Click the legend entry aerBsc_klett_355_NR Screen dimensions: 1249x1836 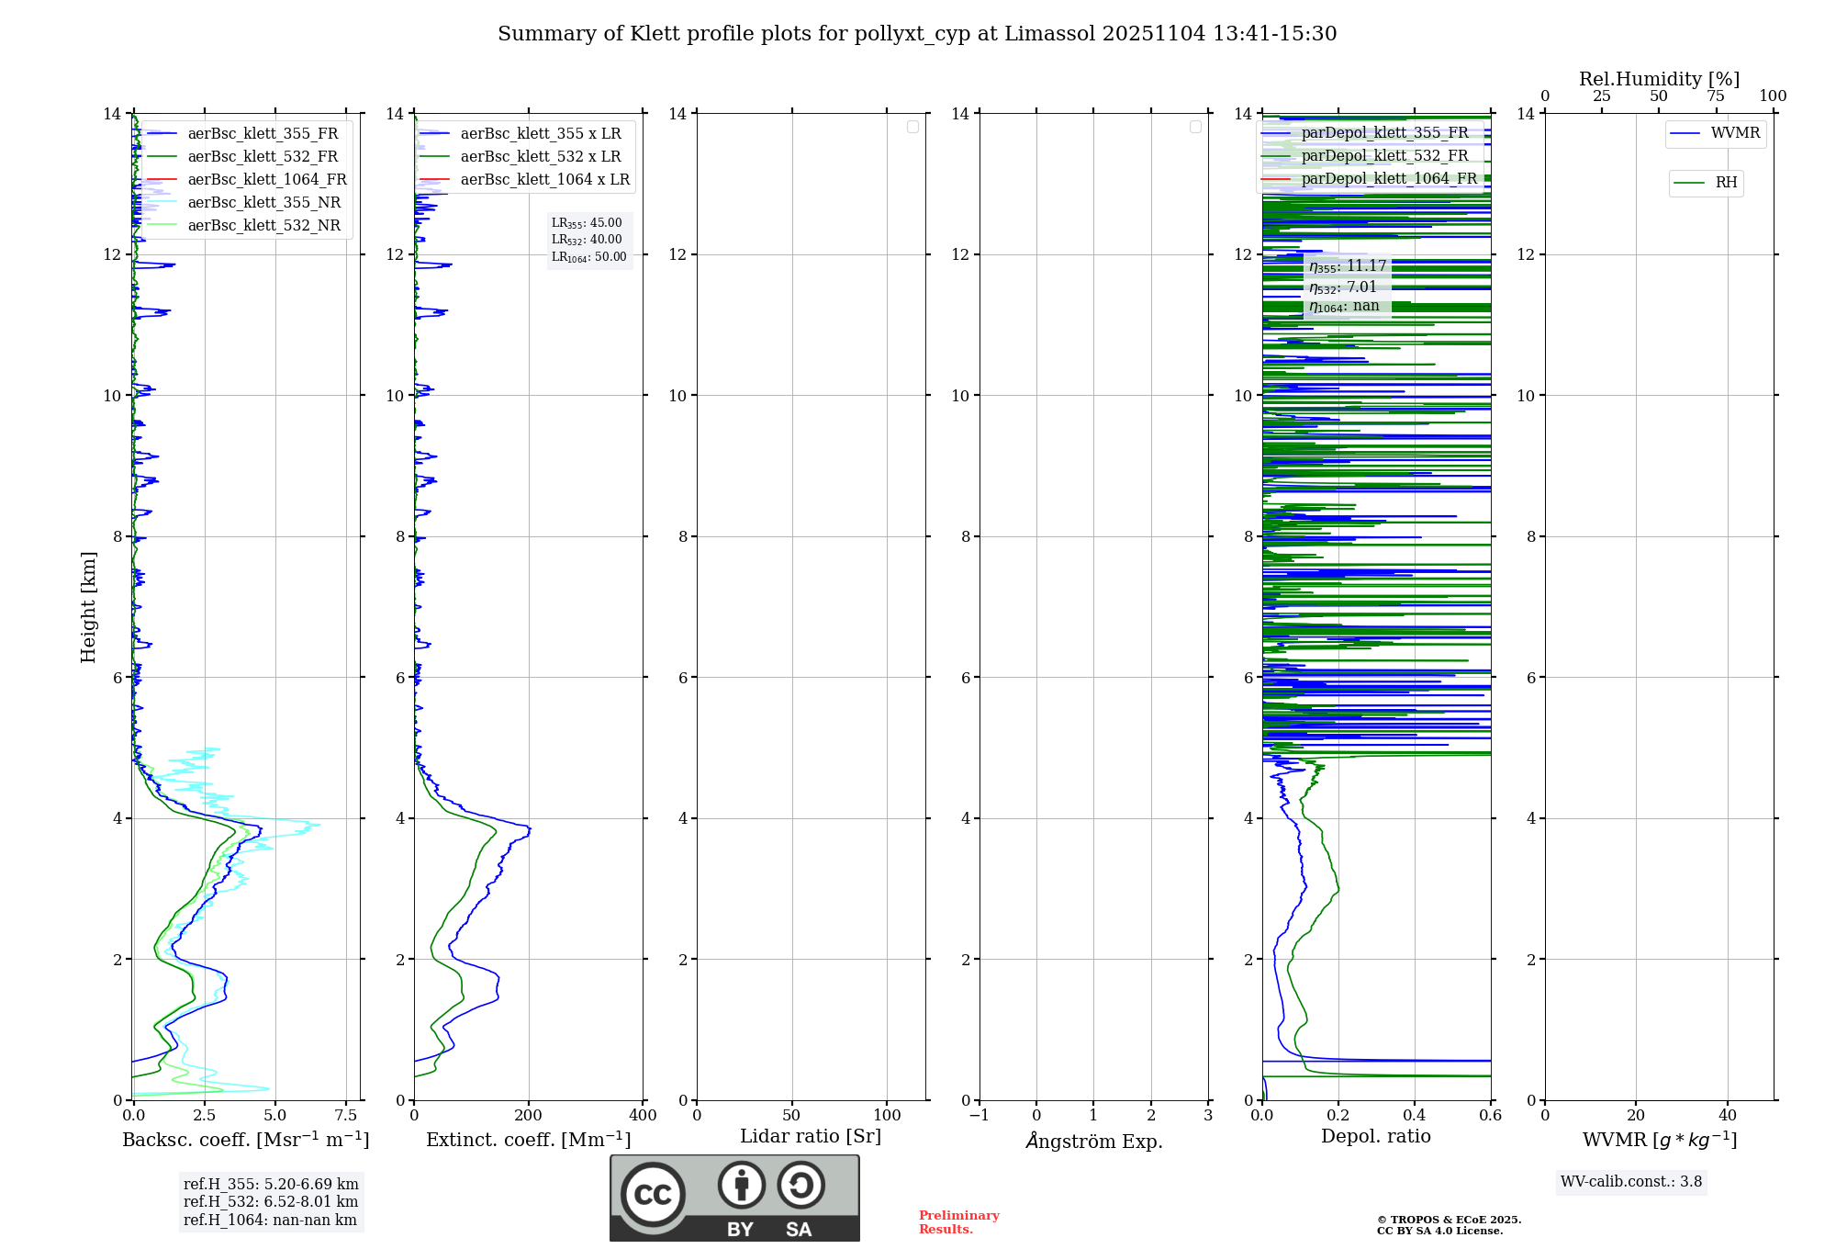(x=263, y=203)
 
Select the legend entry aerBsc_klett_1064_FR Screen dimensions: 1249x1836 (x=266, y=180)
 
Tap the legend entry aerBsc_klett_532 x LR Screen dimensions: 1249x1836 (x=540, y=157)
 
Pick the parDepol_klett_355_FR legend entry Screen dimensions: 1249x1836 (x=1384, y=133)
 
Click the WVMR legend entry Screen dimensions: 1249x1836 (x=1735, y=133)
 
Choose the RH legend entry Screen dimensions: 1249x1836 (x=1726, y=183)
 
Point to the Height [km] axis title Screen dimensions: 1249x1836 (x=88, y=607)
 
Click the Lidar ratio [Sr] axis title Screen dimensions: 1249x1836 (x=811, y=1137)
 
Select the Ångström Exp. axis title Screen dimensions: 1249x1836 (x=1094, y=1142)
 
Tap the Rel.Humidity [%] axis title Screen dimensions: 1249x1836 (x=1659, y=79)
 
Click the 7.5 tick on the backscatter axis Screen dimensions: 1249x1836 (x=346, y=1116)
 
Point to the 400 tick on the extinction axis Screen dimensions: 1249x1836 (x=643, y=1116)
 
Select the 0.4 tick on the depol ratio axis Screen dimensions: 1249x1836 (x=1415, y=1116)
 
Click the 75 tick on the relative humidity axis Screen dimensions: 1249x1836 (x=1716, y=96)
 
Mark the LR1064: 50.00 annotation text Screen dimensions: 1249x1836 (x=589, y=257)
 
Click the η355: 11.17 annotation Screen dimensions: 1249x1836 (x=1348, y=266)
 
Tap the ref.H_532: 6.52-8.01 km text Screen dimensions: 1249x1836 (x=271, y=1202)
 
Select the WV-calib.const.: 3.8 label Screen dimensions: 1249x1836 (x=1631, y=1182)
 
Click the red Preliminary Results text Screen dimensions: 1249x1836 (x=958, y=1222)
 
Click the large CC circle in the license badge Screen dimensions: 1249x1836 (x=653, y=1195)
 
